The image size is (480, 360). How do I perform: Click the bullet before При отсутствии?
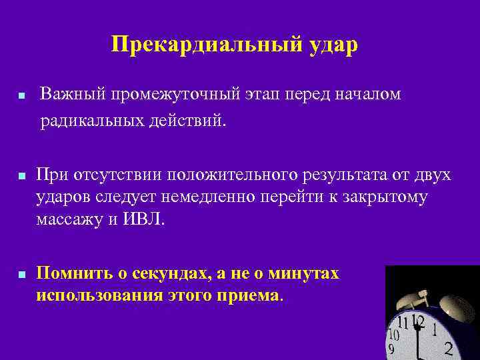(22, 177)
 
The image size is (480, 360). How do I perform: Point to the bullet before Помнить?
(22, 275)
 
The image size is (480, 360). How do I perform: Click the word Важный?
(70, 95)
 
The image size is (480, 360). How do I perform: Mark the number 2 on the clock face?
(449, 348)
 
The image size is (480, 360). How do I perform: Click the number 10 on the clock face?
(394, 333)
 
